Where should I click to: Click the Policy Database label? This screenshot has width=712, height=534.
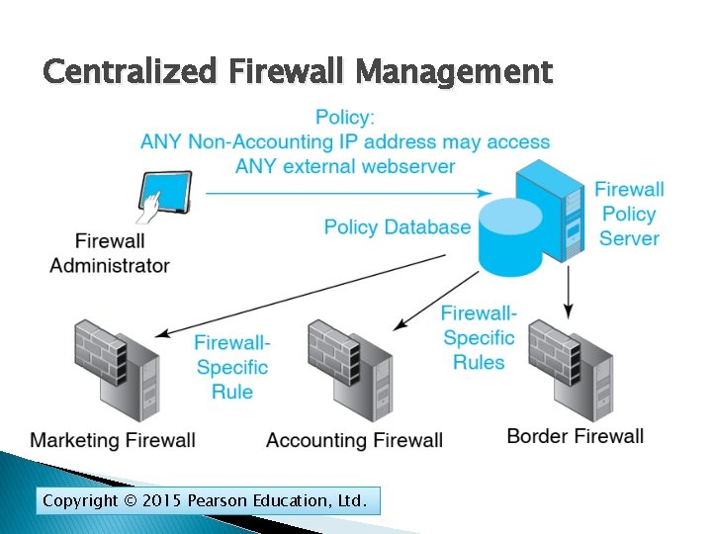397,227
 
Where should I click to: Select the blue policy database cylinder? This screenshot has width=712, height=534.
511,237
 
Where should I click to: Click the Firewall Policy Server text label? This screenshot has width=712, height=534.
629,214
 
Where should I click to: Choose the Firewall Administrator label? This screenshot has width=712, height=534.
110,253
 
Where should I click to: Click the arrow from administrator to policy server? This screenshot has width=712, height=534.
346,193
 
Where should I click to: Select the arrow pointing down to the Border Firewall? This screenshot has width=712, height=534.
568,292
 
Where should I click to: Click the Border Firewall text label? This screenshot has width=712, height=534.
575,436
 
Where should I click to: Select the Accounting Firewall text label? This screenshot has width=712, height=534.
354,440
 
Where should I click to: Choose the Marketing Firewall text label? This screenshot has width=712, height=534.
113,440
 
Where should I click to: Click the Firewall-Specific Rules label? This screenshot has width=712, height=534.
479,338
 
